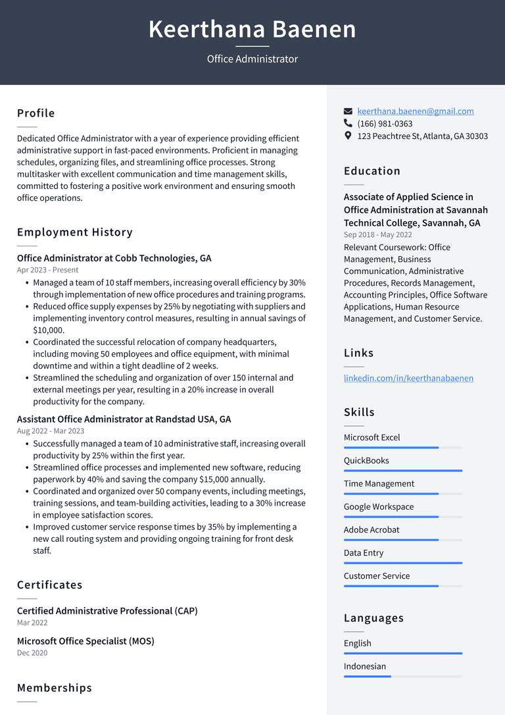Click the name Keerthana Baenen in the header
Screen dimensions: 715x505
(x=252, y=30)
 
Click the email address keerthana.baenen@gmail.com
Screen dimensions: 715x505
(x=415, y=111)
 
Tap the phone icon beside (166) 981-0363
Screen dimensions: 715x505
(x=348, y=124)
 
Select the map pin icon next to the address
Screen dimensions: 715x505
(x=348, y=136)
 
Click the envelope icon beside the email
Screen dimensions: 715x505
(x=348, y=112)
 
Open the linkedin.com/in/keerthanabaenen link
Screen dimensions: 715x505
(x=408, y=378)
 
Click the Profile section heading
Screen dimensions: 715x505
(x=36, y=113)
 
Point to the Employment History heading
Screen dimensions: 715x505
(x=75, y=232)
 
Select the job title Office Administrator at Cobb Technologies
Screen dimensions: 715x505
(x=114, y=258)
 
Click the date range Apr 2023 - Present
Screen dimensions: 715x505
(x=47, y=270)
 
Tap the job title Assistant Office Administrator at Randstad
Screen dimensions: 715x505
(x=124, y=419)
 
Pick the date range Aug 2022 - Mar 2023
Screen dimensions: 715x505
(x=51, y=431)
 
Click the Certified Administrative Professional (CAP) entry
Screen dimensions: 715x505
(x=107, y=611)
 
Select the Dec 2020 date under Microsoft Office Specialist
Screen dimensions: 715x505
(x=32, y=653)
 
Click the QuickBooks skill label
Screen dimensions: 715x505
(x=366, y=460)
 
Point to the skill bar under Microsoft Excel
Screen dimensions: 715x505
(x=402, y=448)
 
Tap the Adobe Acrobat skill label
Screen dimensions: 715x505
(x=372, y=529)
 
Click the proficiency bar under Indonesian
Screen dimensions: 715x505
(x=402, y=676)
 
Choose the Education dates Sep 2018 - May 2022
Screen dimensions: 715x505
(x=377, y=234)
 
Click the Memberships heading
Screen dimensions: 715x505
(x=55, y=687)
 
